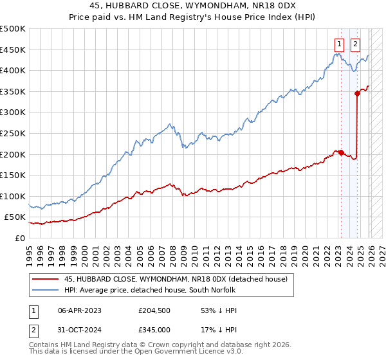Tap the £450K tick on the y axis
13,50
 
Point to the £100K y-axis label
13,196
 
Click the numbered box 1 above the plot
339,44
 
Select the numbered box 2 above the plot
356,44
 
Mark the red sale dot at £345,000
357,93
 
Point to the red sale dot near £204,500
340,152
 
